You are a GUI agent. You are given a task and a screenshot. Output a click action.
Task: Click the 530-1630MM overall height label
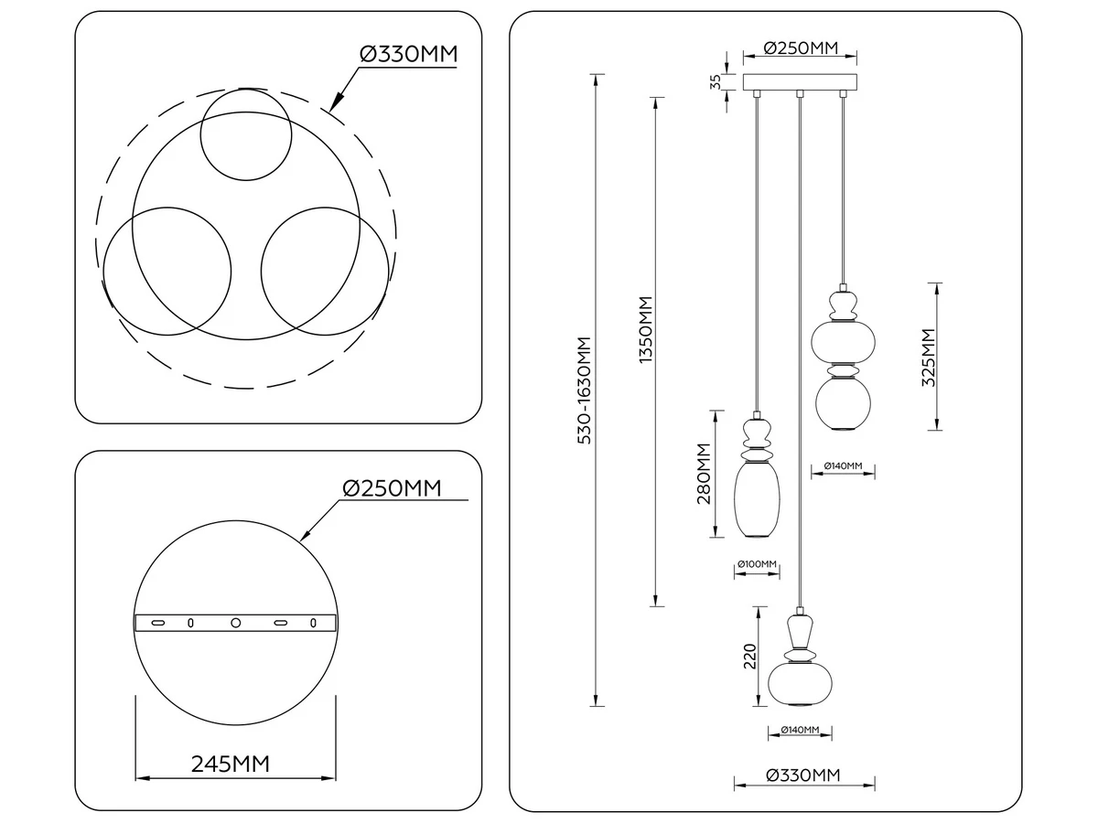point(585,390)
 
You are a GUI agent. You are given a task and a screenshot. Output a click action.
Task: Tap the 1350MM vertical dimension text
point(646,330)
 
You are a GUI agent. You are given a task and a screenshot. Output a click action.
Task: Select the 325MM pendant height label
point(928,357)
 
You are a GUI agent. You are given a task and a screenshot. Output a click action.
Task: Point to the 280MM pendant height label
point(704,474)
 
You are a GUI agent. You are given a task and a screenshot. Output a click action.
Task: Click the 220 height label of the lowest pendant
point(749,657)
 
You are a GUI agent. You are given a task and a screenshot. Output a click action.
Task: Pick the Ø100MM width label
point(757,564)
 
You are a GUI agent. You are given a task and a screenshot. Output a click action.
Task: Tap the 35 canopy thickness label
point(716,82)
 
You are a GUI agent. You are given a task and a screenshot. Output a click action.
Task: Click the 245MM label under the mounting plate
point(230,764)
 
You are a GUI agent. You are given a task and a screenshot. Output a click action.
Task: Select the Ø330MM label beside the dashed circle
point(409,54)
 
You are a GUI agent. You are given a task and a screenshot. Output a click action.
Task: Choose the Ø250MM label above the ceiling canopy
point(801,48)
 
